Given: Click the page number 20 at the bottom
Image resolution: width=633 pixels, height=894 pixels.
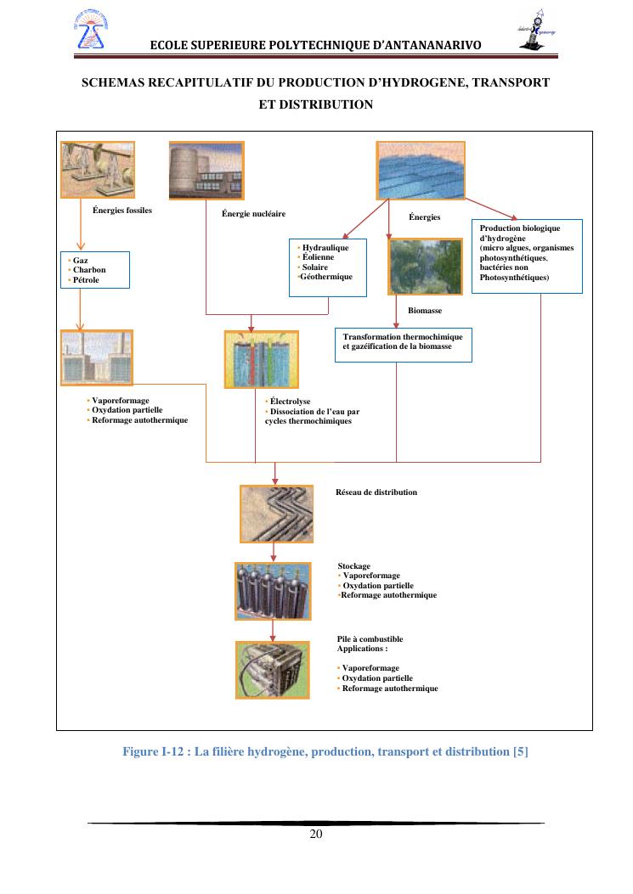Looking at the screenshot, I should pos(316,834).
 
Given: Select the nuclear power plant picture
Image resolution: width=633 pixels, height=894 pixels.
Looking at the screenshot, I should pos(206,171).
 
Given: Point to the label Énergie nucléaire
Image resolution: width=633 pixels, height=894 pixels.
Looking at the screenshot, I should pos(253,213).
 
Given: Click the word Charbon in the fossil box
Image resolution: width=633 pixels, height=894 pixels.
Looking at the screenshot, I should pos(89,270).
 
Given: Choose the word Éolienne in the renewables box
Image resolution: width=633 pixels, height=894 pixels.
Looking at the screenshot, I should pos(319,257).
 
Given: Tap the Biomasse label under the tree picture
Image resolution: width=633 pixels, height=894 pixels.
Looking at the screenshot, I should pos(425,311).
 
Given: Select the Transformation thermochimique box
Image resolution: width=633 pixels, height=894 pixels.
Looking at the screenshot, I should pos(403,343).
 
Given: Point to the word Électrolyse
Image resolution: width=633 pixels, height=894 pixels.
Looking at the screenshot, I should pos(290,402).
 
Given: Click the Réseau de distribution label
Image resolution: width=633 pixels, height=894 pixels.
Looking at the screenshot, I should pos(376,492).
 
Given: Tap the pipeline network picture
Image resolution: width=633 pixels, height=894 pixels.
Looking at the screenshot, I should pos(274,513).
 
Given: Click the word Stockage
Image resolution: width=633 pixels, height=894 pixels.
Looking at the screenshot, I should pos(354,566).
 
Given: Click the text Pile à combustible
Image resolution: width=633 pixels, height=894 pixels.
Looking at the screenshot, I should pos(370,639).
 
